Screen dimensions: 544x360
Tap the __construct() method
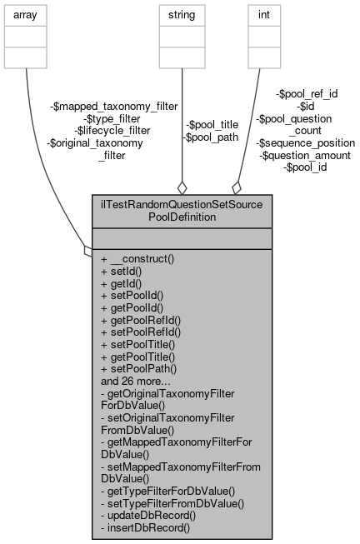click(137, 259)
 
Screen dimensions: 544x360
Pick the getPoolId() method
click(132, 307)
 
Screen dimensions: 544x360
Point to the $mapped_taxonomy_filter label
click(114, 107)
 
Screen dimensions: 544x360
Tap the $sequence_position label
click(303, 142)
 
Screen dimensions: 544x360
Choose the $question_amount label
click(305, 155)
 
